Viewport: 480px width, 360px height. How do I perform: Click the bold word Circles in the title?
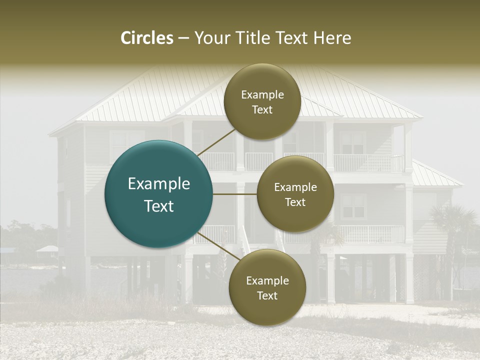[x=147, y=38]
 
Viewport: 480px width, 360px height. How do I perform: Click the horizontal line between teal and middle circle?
[x=235, y=194]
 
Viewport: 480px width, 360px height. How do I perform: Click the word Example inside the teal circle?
[x=159, y=184]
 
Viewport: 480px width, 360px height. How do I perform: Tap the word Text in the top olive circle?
[x=262, y=110]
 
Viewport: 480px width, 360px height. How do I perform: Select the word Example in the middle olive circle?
[x=295, y=187]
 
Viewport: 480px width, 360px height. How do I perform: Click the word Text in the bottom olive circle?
[x=267, y=296]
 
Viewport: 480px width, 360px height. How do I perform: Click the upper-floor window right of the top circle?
[x=352, y=142]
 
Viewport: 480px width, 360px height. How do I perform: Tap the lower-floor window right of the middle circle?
[x=354, y=206]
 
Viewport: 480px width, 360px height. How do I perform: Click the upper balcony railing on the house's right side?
[x=367, y=162]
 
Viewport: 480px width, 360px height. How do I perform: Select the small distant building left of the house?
[x=47, y=248]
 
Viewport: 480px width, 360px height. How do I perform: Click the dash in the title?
[x=183, y=38]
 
